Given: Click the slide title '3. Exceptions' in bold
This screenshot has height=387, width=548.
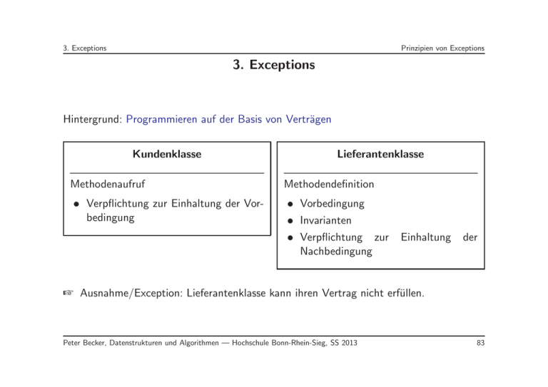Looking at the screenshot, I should click(x=273, y=65).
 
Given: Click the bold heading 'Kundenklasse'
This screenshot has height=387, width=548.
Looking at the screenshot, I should click(x=166, y=154).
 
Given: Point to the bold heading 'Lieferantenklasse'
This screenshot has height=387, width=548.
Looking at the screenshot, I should click(x=380, y=154).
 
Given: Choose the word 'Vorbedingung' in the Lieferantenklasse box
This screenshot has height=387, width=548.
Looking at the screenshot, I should click(x=333, y=204).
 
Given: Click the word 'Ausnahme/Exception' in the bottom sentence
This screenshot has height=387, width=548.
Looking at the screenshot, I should click(x=132, y=291).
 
